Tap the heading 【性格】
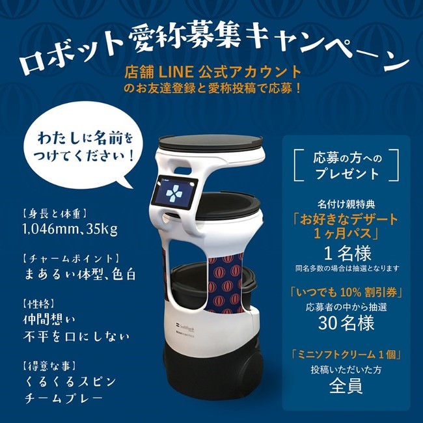[38, 304]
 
